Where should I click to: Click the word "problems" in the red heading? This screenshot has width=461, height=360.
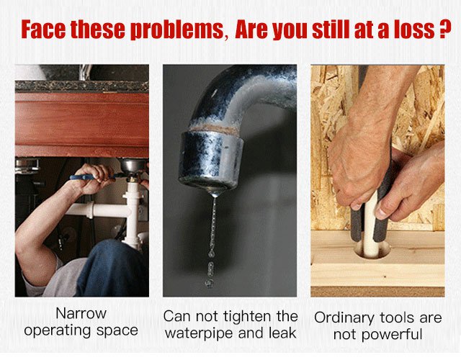(x=177, y=30)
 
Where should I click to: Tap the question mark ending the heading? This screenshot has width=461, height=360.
(x=445, y=29)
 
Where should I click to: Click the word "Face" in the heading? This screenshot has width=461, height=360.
(x=43, y=29)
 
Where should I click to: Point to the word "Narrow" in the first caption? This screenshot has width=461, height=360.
(x=81, y=313)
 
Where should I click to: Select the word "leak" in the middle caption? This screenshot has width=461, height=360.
(x=282, y=333)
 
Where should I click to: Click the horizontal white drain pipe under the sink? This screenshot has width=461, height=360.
(x=98, y=210)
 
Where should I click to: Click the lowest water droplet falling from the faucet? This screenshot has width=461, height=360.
(x=209, y=283)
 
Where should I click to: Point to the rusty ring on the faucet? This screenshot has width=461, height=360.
(x=214, y=128)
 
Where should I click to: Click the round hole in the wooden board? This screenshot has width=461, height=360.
(x=372, y=250)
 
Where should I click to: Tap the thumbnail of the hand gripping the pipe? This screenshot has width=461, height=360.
(x=382, y=214)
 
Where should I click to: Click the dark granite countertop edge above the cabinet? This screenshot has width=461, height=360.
(x=81, y=86)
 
